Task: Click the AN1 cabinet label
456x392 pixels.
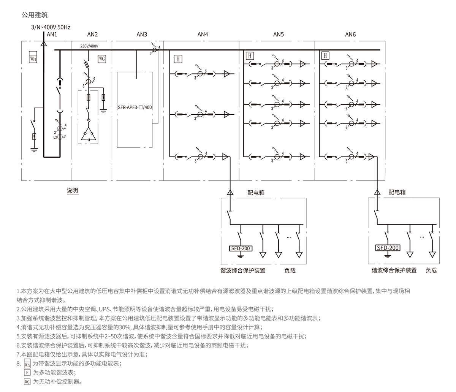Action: pyautogui.click(x=52, y=35)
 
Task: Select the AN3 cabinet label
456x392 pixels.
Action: pyautogui.click(x=142, y=35)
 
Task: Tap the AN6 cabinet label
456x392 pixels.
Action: pyautogui.click(x=350, y=35)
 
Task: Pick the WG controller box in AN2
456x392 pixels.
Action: pyautogui.click(x=102, y=58)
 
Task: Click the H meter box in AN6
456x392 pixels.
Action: pyautogui.click(x=325, y=56)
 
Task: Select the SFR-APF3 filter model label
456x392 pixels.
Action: pyautogui.click(x=135, y=107)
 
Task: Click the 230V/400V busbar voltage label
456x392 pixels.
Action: pyautogui.click(x=89, y=46)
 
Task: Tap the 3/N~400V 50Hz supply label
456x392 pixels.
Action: pyautogui.click(x=51, y=27)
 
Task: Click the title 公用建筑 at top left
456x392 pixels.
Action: pyautogui.click(x=35, y=15)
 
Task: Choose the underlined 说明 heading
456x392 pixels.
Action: pyautogui.click(x=72, y=190)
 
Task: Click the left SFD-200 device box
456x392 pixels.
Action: pyautogui.click(x=240, y=248)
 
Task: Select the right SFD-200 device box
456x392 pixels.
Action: pyautogui.click(x=388, y=248)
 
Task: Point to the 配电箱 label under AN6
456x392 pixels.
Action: pyautogui.click(x=397, y=192)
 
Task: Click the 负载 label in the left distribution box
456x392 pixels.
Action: pyautogui.click(x=290, y=270)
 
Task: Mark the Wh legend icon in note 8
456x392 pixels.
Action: pyautogui.click(x=27, y=364)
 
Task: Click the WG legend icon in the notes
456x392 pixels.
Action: pyautogui.click(x=27, y=381)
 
